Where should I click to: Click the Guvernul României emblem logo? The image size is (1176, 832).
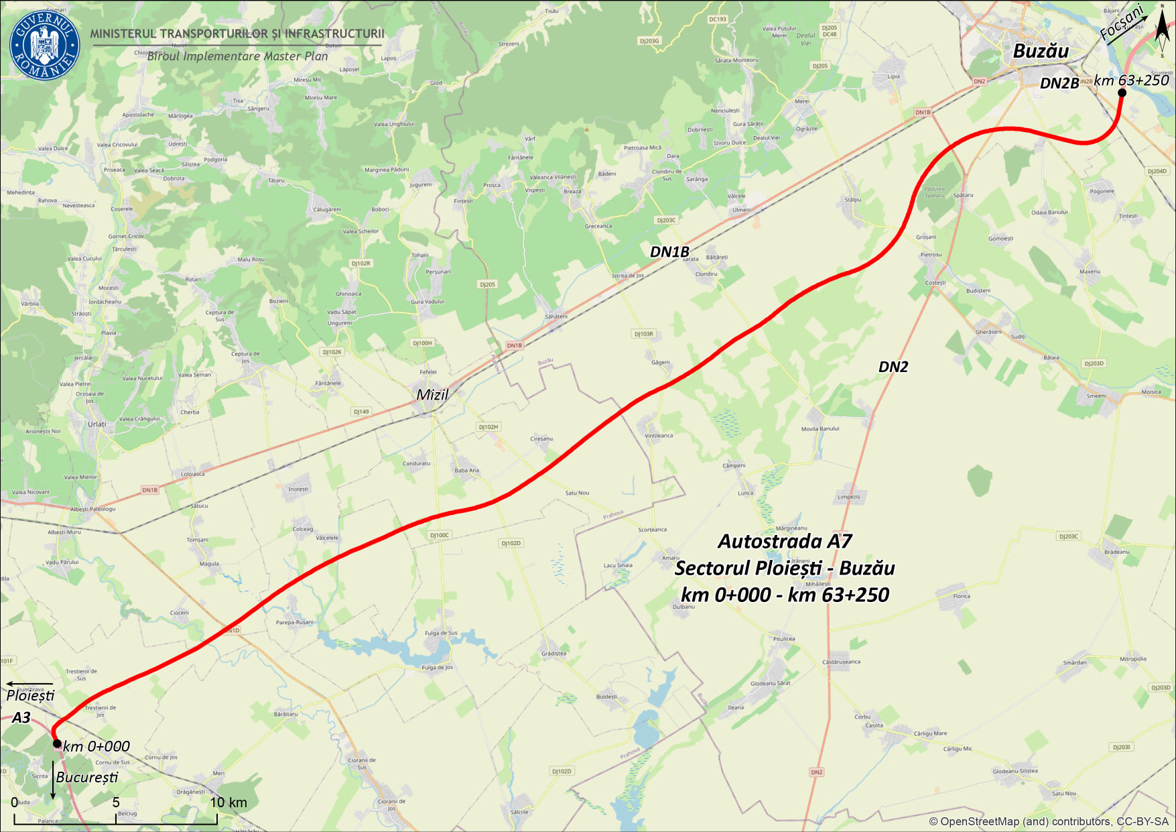[x=45, y=45]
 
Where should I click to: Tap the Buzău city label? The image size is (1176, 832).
[x=1041, y=51]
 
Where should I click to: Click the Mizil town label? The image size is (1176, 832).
[x=432, y=395]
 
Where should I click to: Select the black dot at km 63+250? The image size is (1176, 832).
[x=1122, y=93]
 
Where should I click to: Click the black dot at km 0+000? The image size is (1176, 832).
[x=58, y=744]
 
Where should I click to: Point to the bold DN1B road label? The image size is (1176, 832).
[x=669, y=252]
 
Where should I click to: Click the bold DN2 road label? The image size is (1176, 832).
[x=893, y=367]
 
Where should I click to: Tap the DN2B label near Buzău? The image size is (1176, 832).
[x=1059, y=83]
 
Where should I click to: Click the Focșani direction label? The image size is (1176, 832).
[x=1122, y=24]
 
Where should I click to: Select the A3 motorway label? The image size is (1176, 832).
[x=21, y=717]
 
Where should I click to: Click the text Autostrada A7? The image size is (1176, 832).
[x=785, y=541]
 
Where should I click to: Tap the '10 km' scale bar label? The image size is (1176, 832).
[x=228, y=803]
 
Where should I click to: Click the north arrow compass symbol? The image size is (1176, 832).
[x=1162, y=30]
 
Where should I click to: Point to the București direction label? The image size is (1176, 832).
[x=87, y=777]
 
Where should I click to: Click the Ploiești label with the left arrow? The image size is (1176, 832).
[x=30, y=695]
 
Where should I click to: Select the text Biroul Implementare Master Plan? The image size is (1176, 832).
[x=237, y=56]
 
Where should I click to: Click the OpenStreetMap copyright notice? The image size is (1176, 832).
[x=1048, y=821]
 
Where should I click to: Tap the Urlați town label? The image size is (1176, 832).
[x=96, y=424]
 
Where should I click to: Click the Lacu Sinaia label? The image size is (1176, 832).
[x=618, y=565]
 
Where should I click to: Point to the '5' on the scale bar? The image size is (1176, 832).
[x=116, y=803]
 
